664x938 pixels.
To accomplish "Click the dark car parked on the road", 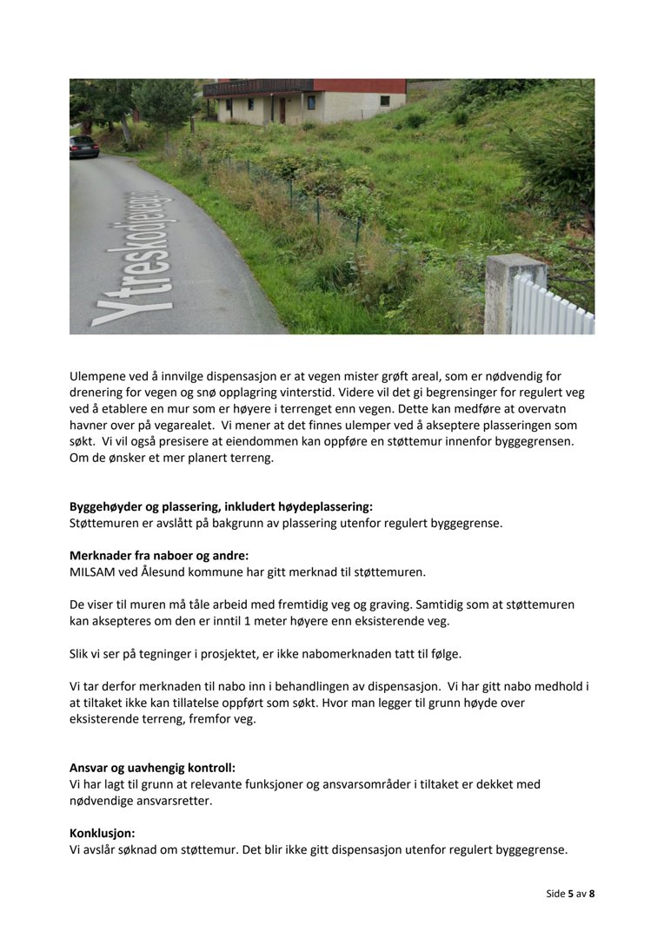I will coord(84,146).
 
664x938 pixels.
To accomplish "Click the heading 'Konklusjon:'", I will coord(102,832).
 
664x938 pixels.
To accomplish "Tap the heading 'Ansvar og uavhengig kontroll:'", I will coord(152,767).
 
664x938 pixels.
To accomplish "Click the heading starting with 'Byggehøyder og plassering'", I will coord(221,506).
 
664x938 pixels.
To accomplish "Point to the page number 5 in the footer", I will coord(571,893).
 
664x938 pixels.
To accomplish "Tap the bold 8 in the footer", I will coord(592,893).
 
